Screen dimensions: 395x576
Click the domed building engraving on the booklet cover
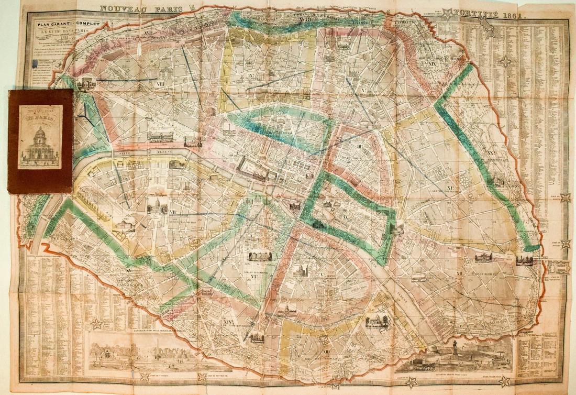[40, 141]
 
